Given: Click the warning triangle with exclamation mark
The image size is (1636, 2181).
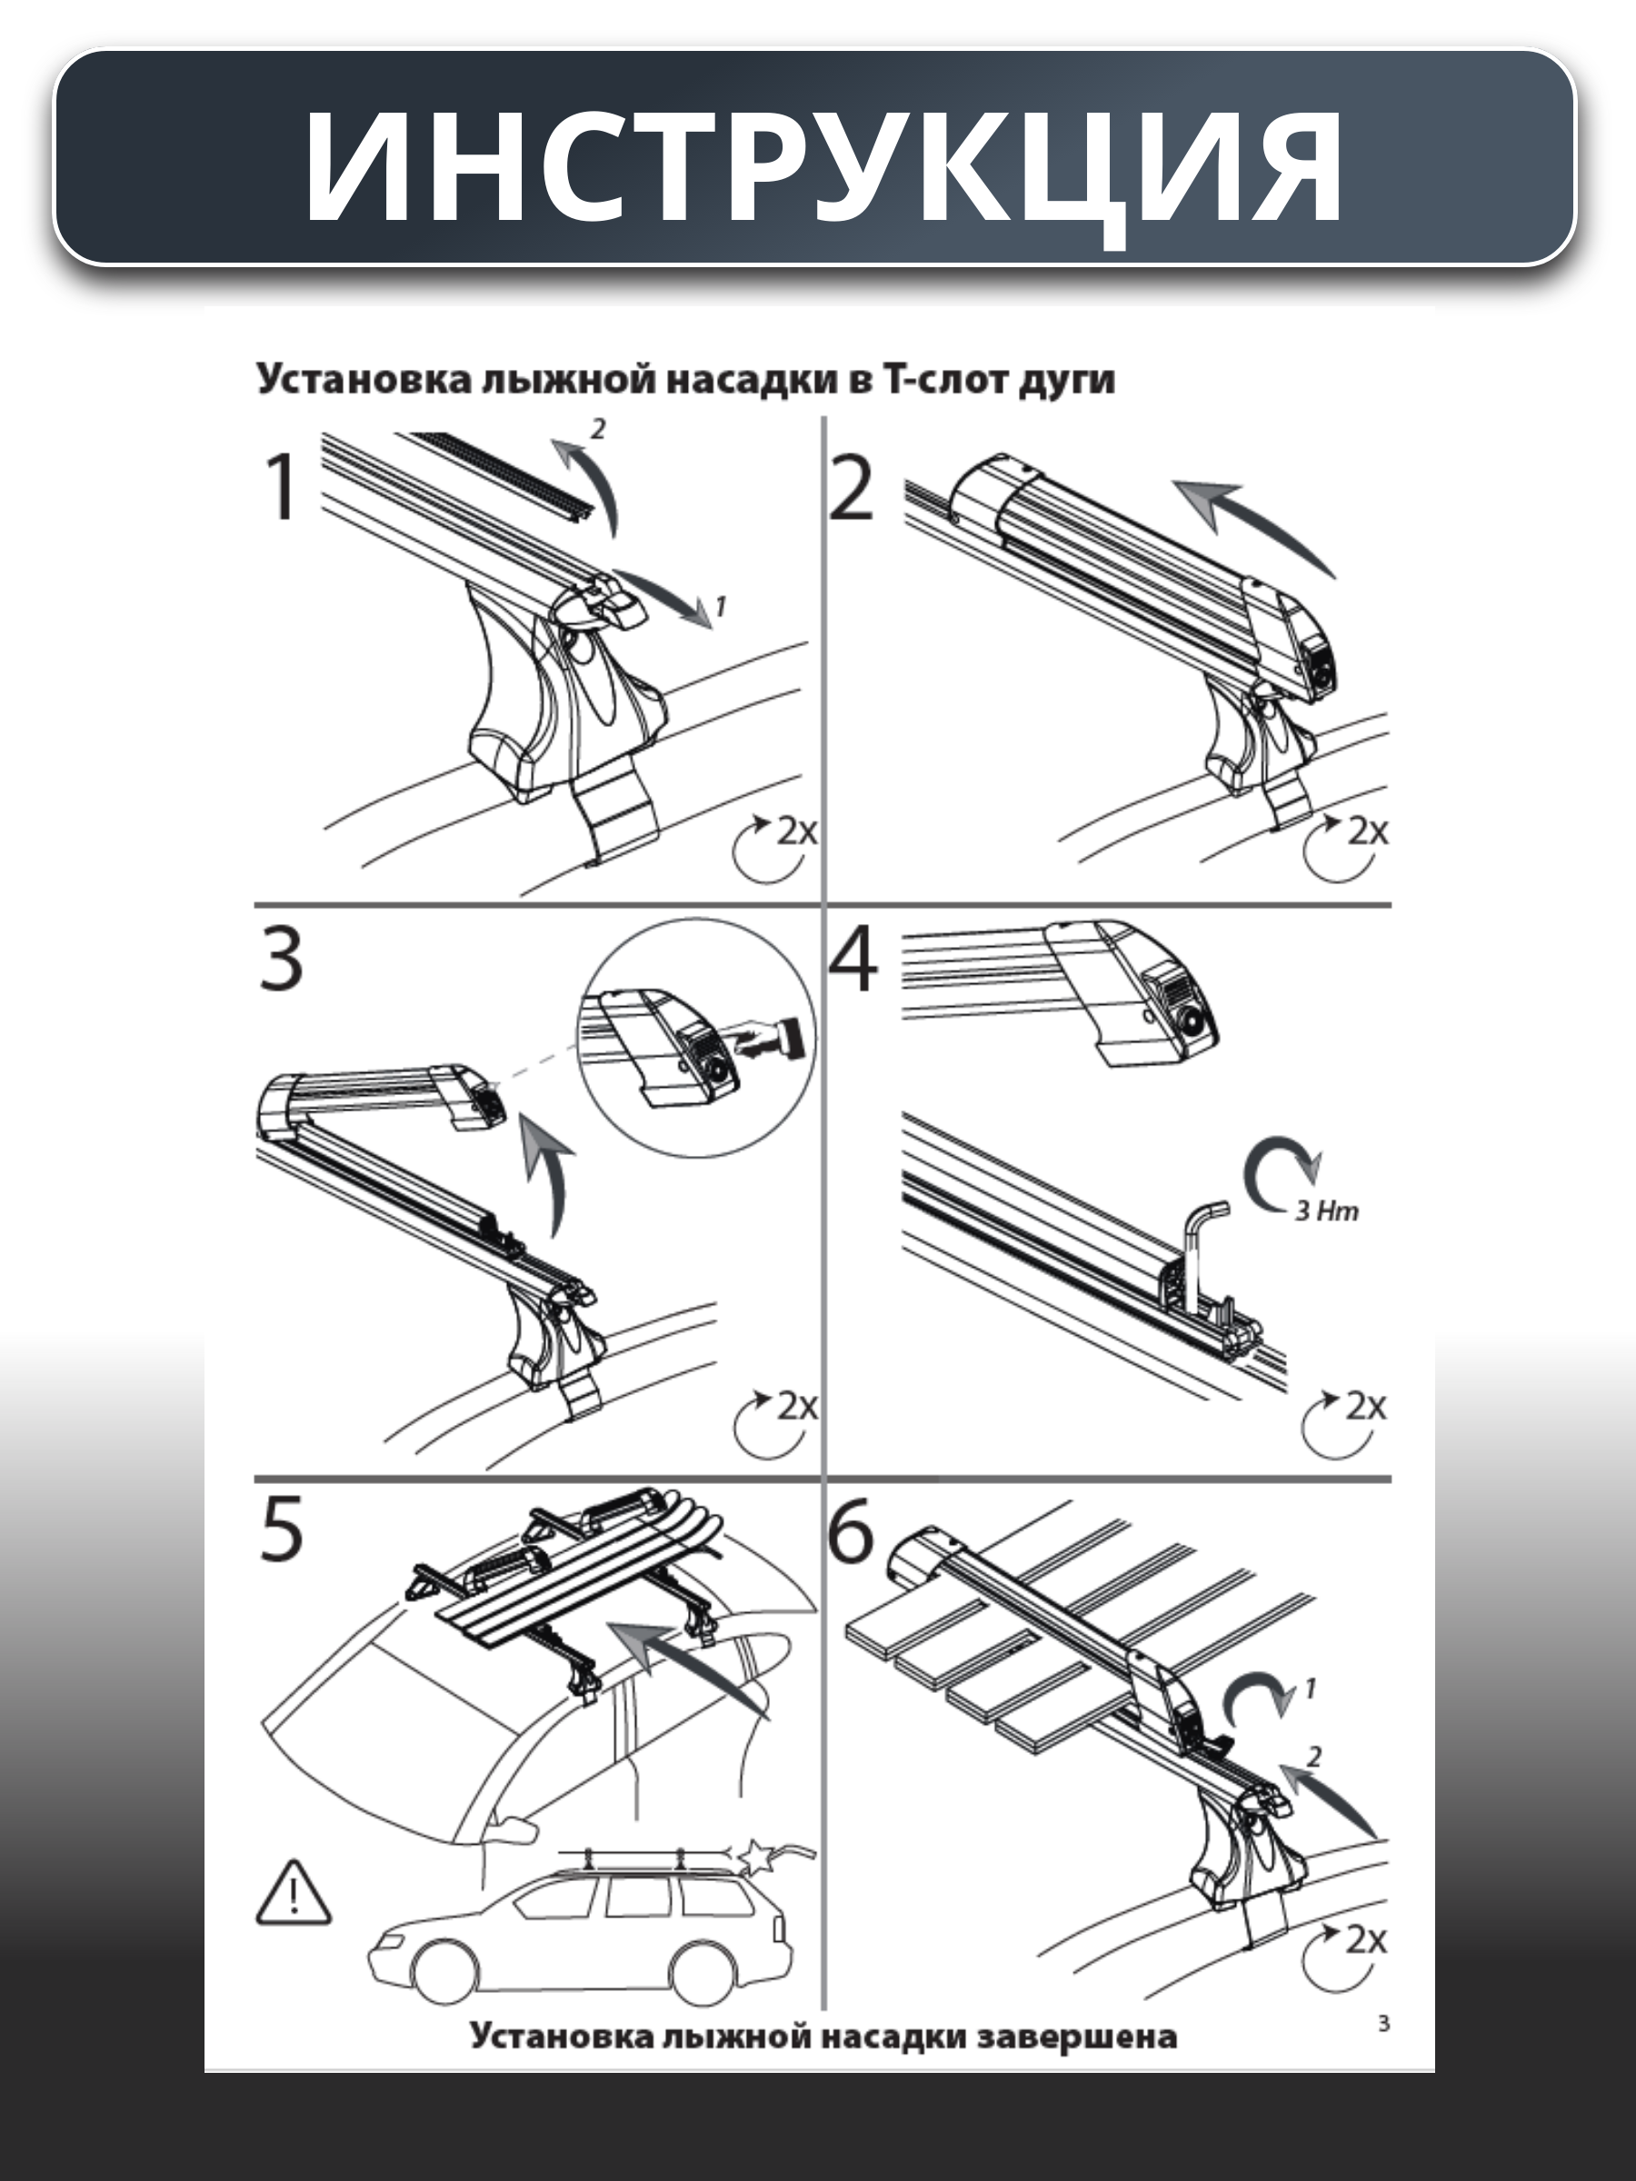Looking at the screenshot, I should pyautogui.click(x=294, y=1893).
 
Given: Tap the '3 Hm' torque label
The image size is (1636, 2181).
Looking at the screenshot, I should pyautogui.click(x=1327, y=1210).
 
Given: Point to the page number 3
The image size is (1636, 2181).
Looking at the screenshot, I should pyautogui.click(x=1383, y=2023).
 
